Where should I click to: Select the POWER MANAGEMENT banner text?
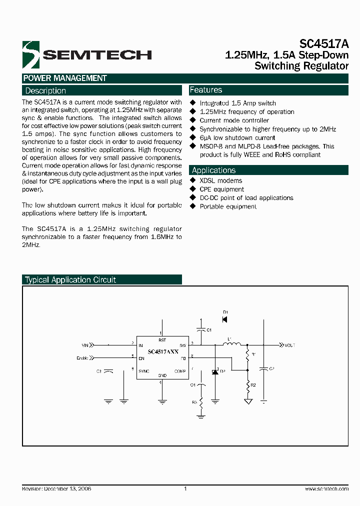click(x=65, y=78)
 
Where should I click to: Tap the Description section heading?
click(x=45, y=90)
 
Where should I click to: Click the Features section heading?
click(x=206, y=90)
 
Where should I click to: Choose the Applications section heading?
click(x=213, y=170)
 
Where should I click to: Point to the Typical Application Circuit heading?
click(x=70, y=280)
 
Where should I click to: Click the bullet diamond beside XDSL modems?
click(x=193, y=180)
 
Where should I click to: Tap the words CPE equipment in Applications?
click(x=221, y=189)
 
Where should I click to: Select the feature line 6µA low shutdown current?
click(x=237, y=138)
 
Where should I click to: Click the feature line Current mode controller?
click(x=234, y=120)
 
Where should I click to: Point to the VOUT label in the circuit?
click(x=290, y=345)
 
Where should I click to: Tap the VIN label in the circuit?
click(x=84, y=345)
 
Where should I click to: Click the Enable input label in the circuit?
click(x=83, y=357)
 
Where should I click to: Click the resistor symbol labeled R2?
click(x=248, y=385)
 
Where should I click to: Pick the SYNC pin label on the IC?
click(x=144, y=371)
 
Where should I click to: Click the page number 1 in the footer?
click(x=185, y=488)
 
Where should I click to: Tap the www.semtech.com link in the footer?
click(x=326, y=488)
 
